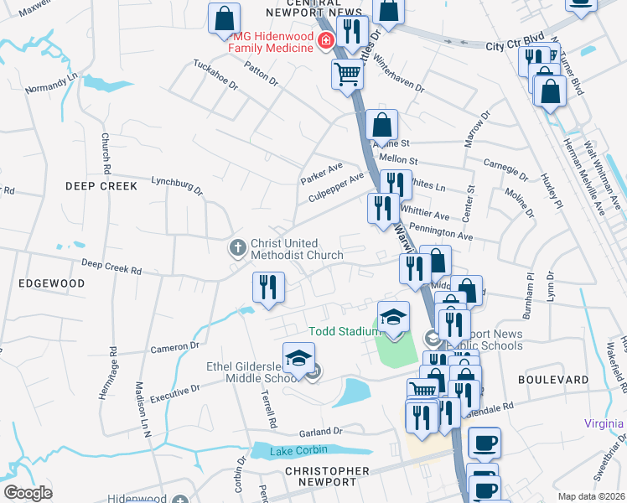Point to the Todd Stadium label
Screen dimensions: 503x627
click(x=345, y=331)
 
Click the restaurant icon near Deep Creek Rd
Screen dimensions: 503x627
click(x=264, y=288)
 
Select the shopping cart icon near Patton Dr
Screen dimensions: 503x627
click(x=347, y=74)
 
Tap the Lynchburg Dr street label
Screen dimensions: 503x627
click(x=177, y=184)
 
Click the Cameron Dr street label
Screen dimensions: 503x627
click(x=174, y=345)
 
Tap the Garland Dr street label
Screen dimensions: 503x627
click(x=320, y=432)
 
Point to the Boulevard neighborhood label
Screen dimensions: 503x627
click(x=554, y=380)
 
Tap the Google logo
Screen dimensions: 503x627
click(x=28, y=493)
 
